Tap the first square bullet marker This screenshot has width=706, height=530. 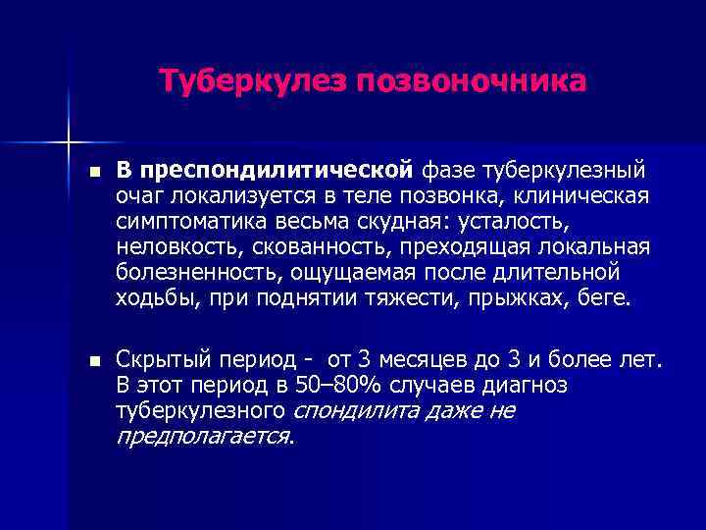pos(93,171)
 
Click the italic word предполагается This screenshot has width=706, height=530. pos(203,436)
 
